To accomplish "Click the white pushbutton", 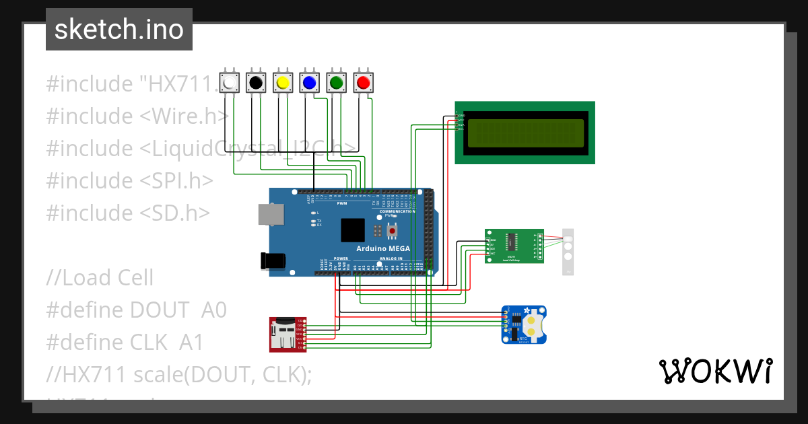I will (x=230, y=83).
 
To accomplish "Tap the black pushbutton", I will (x=256, y=83).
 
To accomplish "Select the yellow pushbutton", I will (x=283, y=83).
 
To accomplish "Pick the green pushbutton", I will (x=336, y=83).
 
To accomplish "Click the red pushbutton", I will (x=363, y=83).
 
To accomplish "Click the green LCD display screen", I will (x=525, y=133).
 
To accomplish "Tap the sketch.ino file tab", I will (x=119, y=30).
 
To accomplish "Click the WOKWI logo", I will (x=715, y=371).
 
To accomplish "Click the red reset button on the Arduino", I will (x=391, y=231).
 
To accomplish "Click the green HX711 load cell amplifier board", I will (x=514, y=246).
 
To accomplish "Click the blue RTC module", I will (x=524, y=324).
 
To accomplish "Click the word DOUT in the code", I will (x=160, y=310).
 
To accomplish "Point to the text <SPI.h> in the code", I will (x=176, y=180).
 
